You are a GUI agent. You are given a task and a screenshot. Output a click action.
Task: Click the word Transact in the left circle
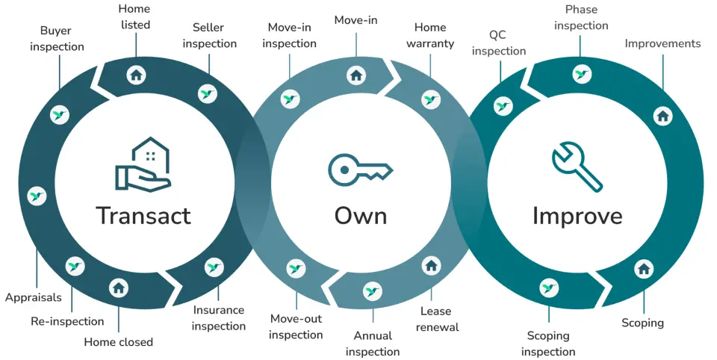[x=143, y=216]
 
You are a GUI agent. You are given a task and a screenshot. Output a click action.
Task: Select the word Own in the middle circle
[x=360, y=216]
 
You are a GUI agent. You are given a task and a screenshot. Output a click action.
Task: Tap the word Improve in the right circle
[x=577, y=216]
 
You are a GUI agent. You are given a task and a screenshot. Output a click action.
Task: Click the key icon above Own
[x=360, y=169]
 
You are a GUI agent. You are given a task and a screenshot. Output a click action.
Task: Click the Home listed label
[x=134, y=17]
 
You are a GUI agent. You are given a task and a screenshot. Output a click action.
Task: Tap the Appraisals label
[x=34, y=297]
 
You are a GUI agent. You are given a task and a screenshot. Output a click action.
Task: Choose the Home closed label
[x=118, y=342]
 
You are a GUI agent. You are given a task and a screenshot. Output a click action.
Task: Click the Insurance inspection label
[x=218, y=318]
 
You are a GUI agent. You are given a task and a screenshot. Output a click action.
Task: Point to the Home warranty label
[x=430, y=36]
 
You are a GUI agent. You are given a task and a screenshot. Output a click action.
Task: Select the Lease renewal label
[x=435, y=319]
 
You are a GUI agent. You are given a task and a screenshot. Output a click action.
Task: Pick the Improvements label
[x=662, y=43]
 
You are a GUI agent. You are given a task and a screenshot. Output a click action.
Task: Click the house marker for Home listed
[x=135, y=74]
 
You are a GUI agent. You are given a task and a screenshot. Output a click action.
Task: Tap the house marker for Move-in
[x=356, y=74]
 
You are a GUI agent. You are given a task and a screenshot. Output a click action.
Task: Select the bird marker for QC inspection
[x=503, y=106]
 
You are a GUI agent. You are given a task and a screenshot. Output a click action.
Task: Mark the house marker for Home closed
[x=119, y=288]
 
